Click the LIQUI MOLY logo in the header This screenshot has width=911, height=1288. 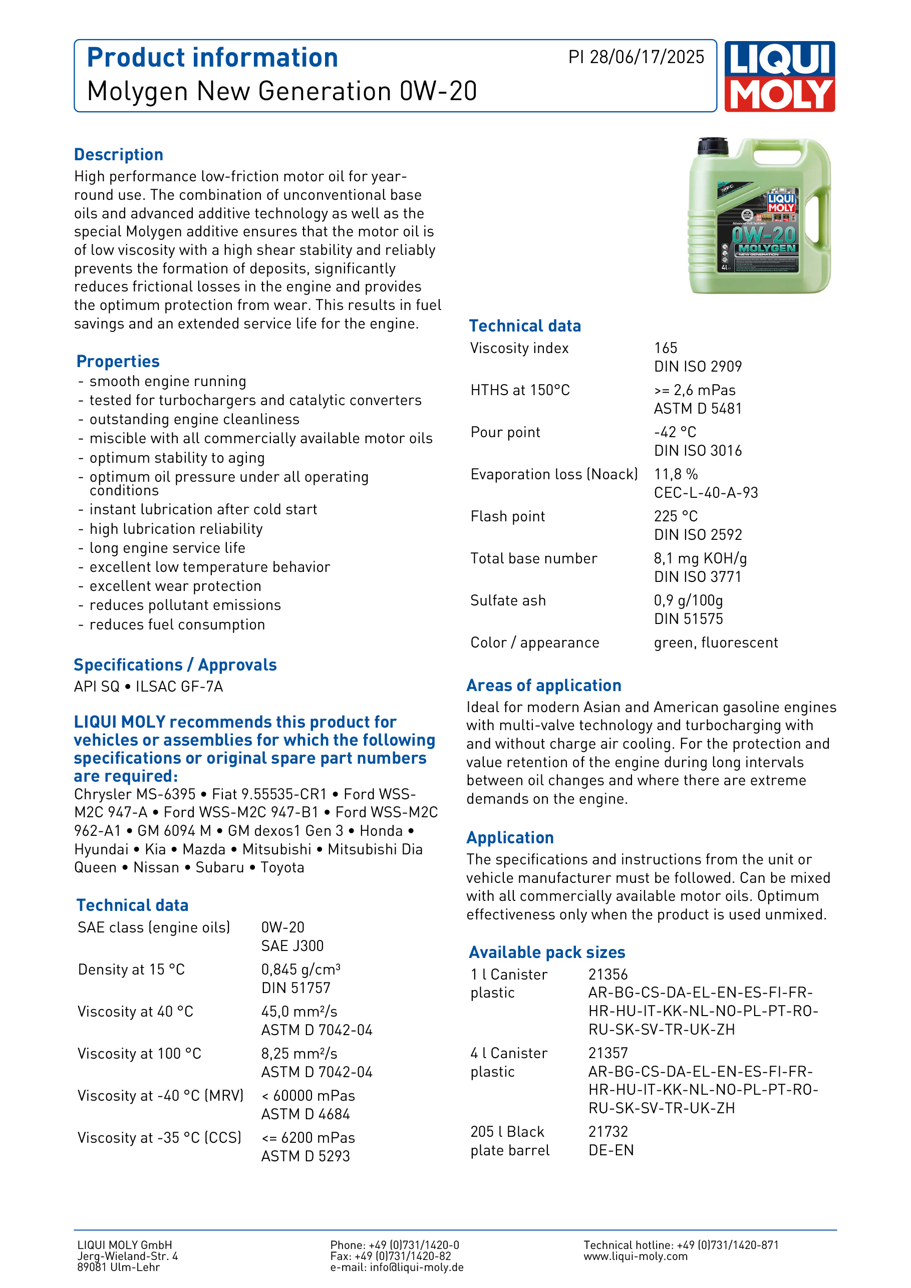pos(779,76)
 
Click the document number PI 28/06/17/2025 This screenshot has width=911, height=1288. pos(636,57)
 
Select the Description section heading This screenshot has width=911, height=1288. pos(118,155)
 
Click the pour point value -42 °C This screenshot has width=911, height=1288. pos(675,432)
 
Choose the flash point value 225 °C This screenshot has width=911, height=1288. pos(676,516)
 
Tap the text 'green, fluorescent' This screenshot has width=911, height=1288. pos(716,642)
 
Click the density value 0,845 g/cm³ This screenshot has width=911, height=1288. pos(300,970)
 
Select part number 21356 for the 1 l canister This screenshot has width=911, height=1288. pos(608,975)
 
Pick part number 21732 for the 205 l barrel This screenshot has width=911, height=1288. pos(608,1131)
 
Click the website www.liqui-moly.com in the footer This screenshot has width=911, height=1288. pos(635,1256)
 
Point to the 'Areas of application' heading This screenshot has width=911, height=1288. pos(543,686)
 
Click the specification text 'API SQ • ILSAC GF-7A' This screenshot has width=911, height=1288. pos(149,687)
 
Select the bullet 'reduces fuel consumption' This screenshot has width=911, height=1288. pos(177,624)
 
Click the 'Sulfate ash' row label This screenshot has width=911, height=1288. pos(508,600)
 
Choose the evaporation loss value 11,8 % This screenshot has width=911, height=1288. pos(676,474)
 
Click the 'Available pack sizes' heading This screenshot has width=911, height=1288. pos(547,952)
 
